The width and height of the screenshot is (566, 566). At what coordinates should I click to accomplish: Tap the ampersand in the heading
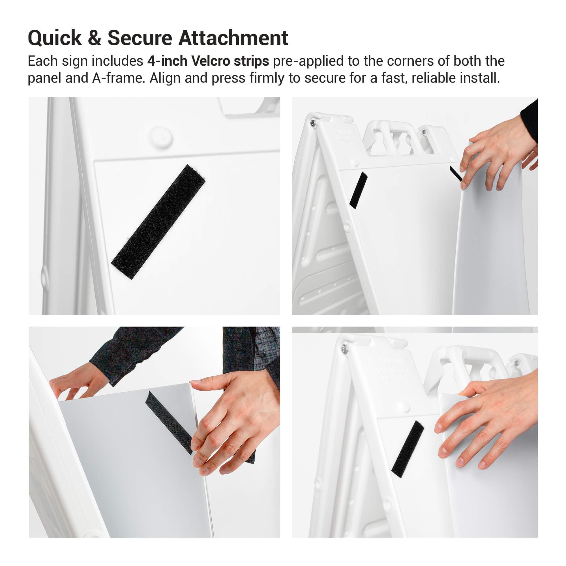94,38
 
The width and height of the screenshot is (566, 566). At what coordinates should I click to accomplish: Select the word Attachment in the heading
233,38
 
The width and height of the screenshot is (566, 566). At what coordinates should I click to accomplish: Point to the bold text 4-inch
167,61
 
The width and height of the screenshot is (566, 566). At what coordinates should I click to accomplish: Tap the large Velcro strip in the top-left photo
158,222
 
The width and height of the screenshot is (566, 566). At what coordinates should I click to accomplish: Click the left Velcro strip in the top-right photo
359,190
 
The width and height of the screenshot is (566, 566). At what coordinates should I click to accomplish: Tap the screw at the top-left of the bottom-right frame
344,349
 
